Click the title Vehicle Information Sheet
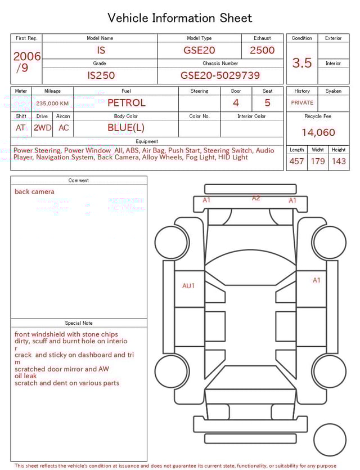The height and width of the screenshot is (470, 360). coord(180,18)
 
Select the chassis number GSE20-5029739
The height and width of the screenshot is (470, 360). coord(220,75)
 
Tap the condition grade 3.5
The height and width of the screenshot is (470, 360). coord(302,63)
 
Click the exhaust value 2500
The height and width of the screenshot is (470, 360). coord(262,50)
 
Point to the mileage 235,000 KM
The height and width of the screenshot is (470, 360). coord(52,104)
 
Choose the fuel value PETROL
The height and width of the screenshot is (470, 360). coord(126,103)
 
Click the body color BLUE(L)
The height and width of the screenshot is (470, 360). coord(126,128)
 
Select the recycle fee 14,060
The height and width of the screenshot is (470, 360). coord(318,133)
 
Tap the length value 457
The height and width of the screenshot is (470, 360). coord(296,162)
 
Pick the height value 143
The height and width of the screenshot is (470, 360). coord(339,162)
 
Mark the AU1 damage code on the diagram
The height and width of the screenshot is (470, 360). coord(188,286)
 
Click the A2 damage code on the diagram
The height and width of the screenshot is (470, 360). coord(256,198)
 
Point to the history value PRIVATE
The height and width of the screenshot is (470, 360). coord(302,103)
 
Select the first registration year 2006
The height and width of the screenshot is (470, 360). coord(26,57)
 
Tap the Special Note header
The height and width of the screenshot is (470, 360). coord(79,323)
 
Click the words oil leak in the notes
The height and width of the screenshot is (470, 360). coord(26,376)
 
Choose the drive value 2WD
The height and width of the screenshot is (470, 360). coord(42,128)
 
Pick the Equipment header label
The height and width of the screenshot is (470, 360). coord(147,141)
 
